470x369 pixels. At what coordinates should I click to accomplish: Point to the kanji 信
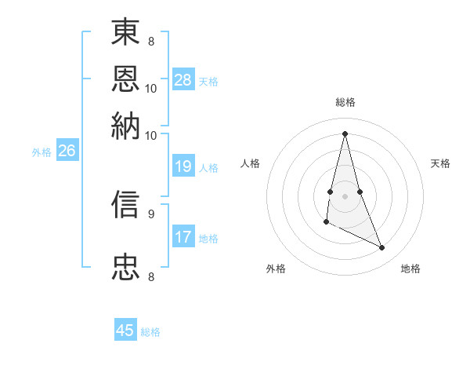127,204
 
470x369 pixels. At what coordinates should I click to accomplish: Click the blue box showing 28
183,80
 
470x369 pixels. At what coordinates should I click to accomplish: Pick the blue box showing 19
183,166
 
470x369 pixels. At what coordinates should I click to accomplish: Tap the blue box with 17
183,237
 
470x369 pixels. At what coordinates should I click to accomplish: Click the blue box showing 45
125,331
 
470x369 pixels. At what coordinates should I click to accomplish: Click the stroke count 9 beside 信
151,213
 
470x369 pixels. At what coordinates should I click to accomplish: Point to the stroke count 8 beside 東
151,40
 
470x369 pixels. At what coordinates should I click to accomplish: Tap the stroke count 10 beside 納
151,135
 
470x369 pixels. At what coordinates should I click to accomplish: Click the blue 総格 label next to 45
151,332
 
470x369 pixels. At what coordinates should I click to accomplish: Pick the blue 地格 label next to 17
209,239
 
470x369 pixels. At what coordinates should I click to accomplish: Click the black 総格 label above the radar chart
345,102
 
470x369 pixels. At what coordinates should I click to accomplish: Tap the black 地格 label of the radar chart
411,269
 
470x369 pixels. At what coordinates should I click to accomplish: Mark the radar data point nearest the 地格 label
382,248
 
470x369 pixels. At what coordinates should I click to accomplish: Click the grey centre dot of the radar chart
345,195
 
